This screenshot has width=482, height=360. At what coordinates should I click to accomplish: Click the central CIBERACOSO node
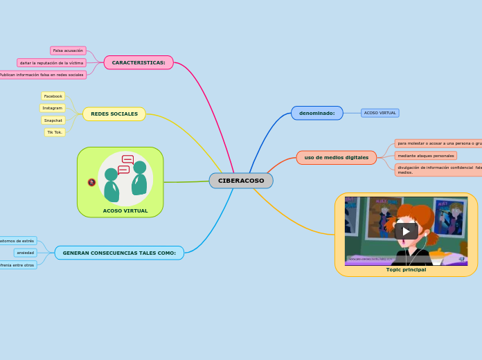pyautogui.click(x=241, y=181)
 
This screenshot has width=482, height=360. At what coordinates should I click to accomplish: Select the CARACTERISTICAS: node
pyautogui.click(x=139, y=62)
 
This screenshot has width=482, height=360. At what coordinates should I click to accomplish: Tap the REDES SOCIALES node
pyautogui.click(x=114, y=114)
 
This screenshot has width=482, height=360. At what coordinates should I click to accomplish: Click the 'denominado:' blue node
pyautogui.click(x=316, y=113)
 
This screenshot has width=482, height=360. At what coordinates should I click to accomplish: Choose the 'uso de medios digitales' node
pyautogui.click(x=336, y=157)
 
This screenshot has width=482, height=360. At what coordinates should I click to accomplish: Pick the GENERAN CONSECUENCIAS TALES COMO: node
pyautogui.click(x=119, y=253)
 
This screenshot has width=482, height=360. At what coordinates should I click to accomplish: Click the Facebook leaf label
pyautogui.click(x=53, y=96)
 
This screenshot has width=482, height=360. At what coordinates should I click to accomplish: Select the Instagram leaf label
pyautogui.click(x=53, y=108)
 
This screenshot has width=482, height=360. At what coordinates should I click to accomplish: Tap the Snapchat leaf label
pyautogui.click(x=53, y=120)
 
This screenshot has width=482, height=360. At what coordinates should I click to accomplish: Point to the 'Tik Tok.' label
pyautogui.click(x=55, y=132)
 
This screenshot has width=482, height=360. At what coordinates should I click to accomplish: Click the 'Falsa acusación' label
pyautogui.click(x=68, y=51)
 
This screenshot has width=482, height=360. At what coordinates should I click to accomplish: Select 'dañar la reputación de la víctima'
pyautogui.click(x=52, y=62)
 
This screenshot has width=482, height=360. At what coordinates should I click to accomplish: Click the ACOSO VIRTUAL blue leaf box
pyautogui.click(x=380, y=113)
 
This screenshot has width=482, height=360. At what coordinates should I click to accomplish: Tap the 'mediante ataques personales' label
pyautogui.click(x=426, y=156)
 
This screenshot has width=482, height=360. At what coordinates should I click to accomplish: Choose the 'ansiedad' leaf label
pyautogui.click(x=26, y=253)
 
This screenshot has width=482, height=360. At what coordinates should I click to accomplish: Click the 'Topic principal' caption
pyautogui.click(x=406, y=270)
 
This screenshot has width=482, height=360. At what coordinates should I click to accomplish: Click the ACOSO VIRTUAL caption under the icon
pyautogui.click(x=125, y=210)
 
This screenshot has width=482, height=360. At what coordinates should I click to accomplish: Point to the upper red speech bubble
pyautogui.click(x=127, y=159)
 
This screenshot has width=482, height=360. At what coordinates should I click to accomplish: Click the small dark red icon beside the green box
pyautogui.click(x=91, y=182)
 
